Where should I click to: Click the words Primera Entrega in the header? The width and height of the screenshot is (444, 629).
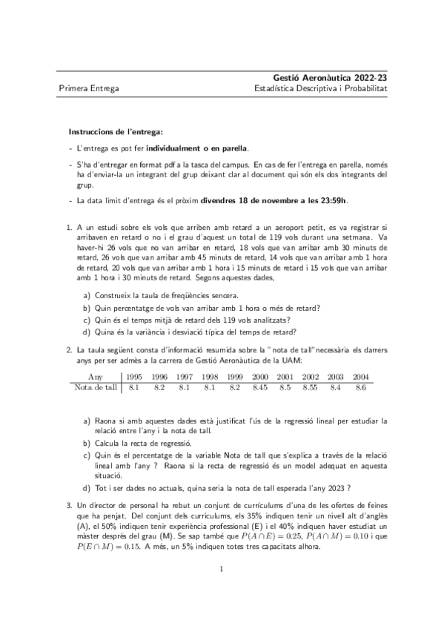(x=88, y=88)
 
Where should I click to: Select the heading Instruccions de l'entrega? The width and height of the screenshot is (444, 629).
(x=110, y=131)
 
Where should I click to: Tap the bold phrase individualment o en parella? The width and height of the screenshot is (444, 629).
(x=197, y=148)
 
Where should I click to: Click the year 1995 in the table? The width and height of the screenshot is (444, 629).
(x=134, y=377)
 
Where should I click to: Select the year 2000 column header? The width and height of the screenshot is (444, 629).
(x=259, y=377)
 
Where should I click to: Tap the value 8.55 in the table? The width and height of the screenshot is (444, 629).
(x=311, y=387)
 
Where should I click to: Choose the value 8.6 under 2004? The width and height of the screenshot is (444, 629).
(x=360, y=387)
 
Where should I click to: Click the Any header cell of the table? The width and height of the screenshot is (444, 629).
(x=96, y=377)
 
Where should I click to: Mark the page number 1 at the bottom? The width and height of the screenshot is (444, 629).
(x=222, y=590)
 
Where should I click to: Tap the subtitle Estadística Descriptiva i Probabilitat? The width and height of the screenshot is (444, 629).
(x=320, y=88)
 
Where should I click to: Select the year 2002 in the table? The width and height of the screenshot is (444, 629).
(x=311, y=377)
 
